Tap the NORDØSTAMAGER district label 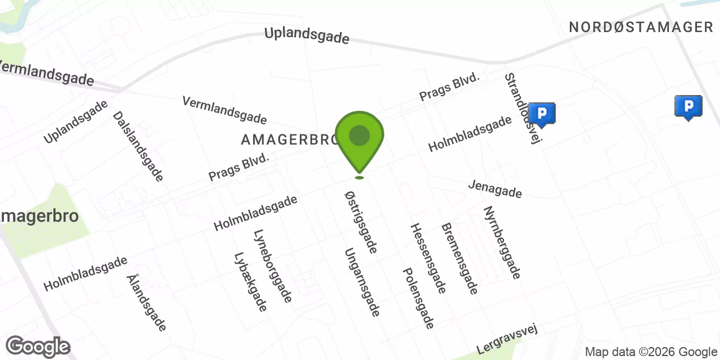(641, 27)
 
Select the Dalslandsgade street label (138, 146)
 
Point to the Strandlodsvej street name (521, 108)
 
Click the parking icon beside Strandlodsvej (542, 114)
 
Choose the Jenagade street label (495, 190)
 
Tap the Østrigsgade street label (361, 221)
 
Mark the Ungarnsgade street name (363, 282)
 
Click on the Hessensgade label (428, 258)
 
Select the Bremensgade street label (460, 259)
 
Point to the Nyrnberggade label (502, 242)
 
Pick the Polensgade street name (419, 298)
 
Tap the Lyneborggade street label (273, 266)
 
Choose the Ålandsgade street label (146, 303)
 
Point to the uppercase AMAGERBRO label (288, 139)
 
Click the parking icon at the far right (688, 107)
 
